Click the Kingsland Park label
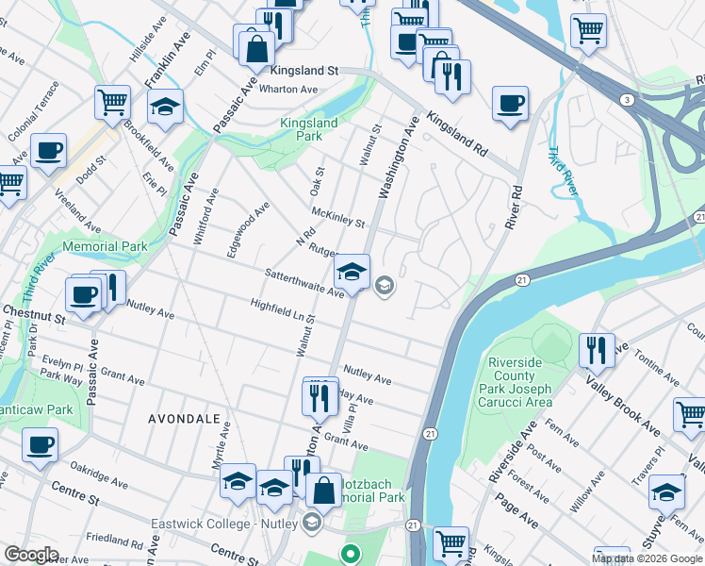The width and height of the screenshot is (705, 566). (306, 129)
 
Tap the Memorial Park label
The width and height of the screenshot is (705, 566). (106, 246)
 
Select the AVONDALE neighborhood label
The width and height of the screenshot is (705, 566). (184, 417)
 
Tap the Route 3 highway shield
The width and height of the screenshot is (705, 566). (624, 99)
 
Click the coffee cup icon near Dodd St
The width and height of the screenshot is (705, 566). (48, 150)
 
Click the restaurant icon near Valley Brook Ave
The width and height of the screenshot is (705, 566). (597, 350)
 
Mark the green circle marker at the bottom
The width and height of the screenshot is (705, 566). (352, 554)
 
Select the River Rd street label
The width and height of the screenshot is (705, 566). (516, 204)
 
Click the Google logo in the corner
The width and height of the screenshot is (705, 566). (31, 555)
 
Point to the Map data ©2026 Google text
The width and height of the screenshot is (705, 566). (647, 558)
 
